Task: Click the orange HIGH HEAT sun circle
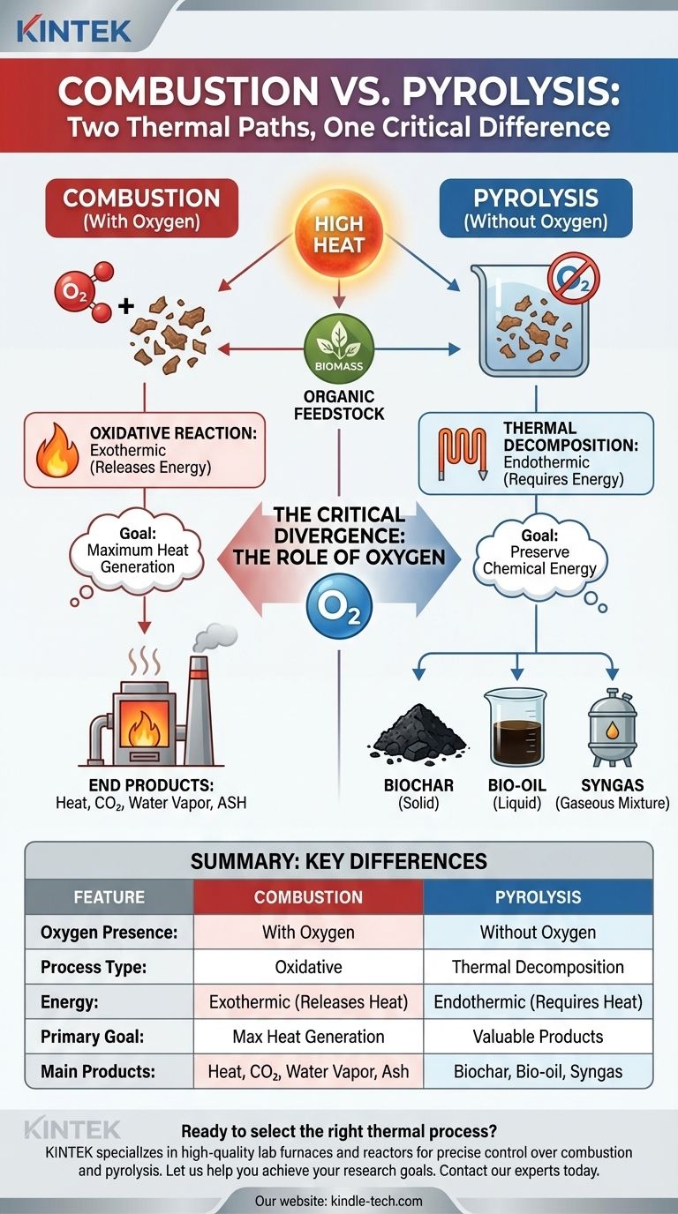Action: click(339, 231)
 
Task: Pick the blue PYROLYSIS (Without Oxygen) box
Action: click(536, 208)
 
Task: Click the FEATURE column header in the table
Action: click(109, 897)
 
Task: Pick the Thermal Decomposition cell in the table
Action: click(538, 967)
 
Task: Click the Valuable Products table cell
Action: click(538, 1037)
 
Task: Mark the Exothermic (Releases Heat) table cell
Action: click(308, 1002)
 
